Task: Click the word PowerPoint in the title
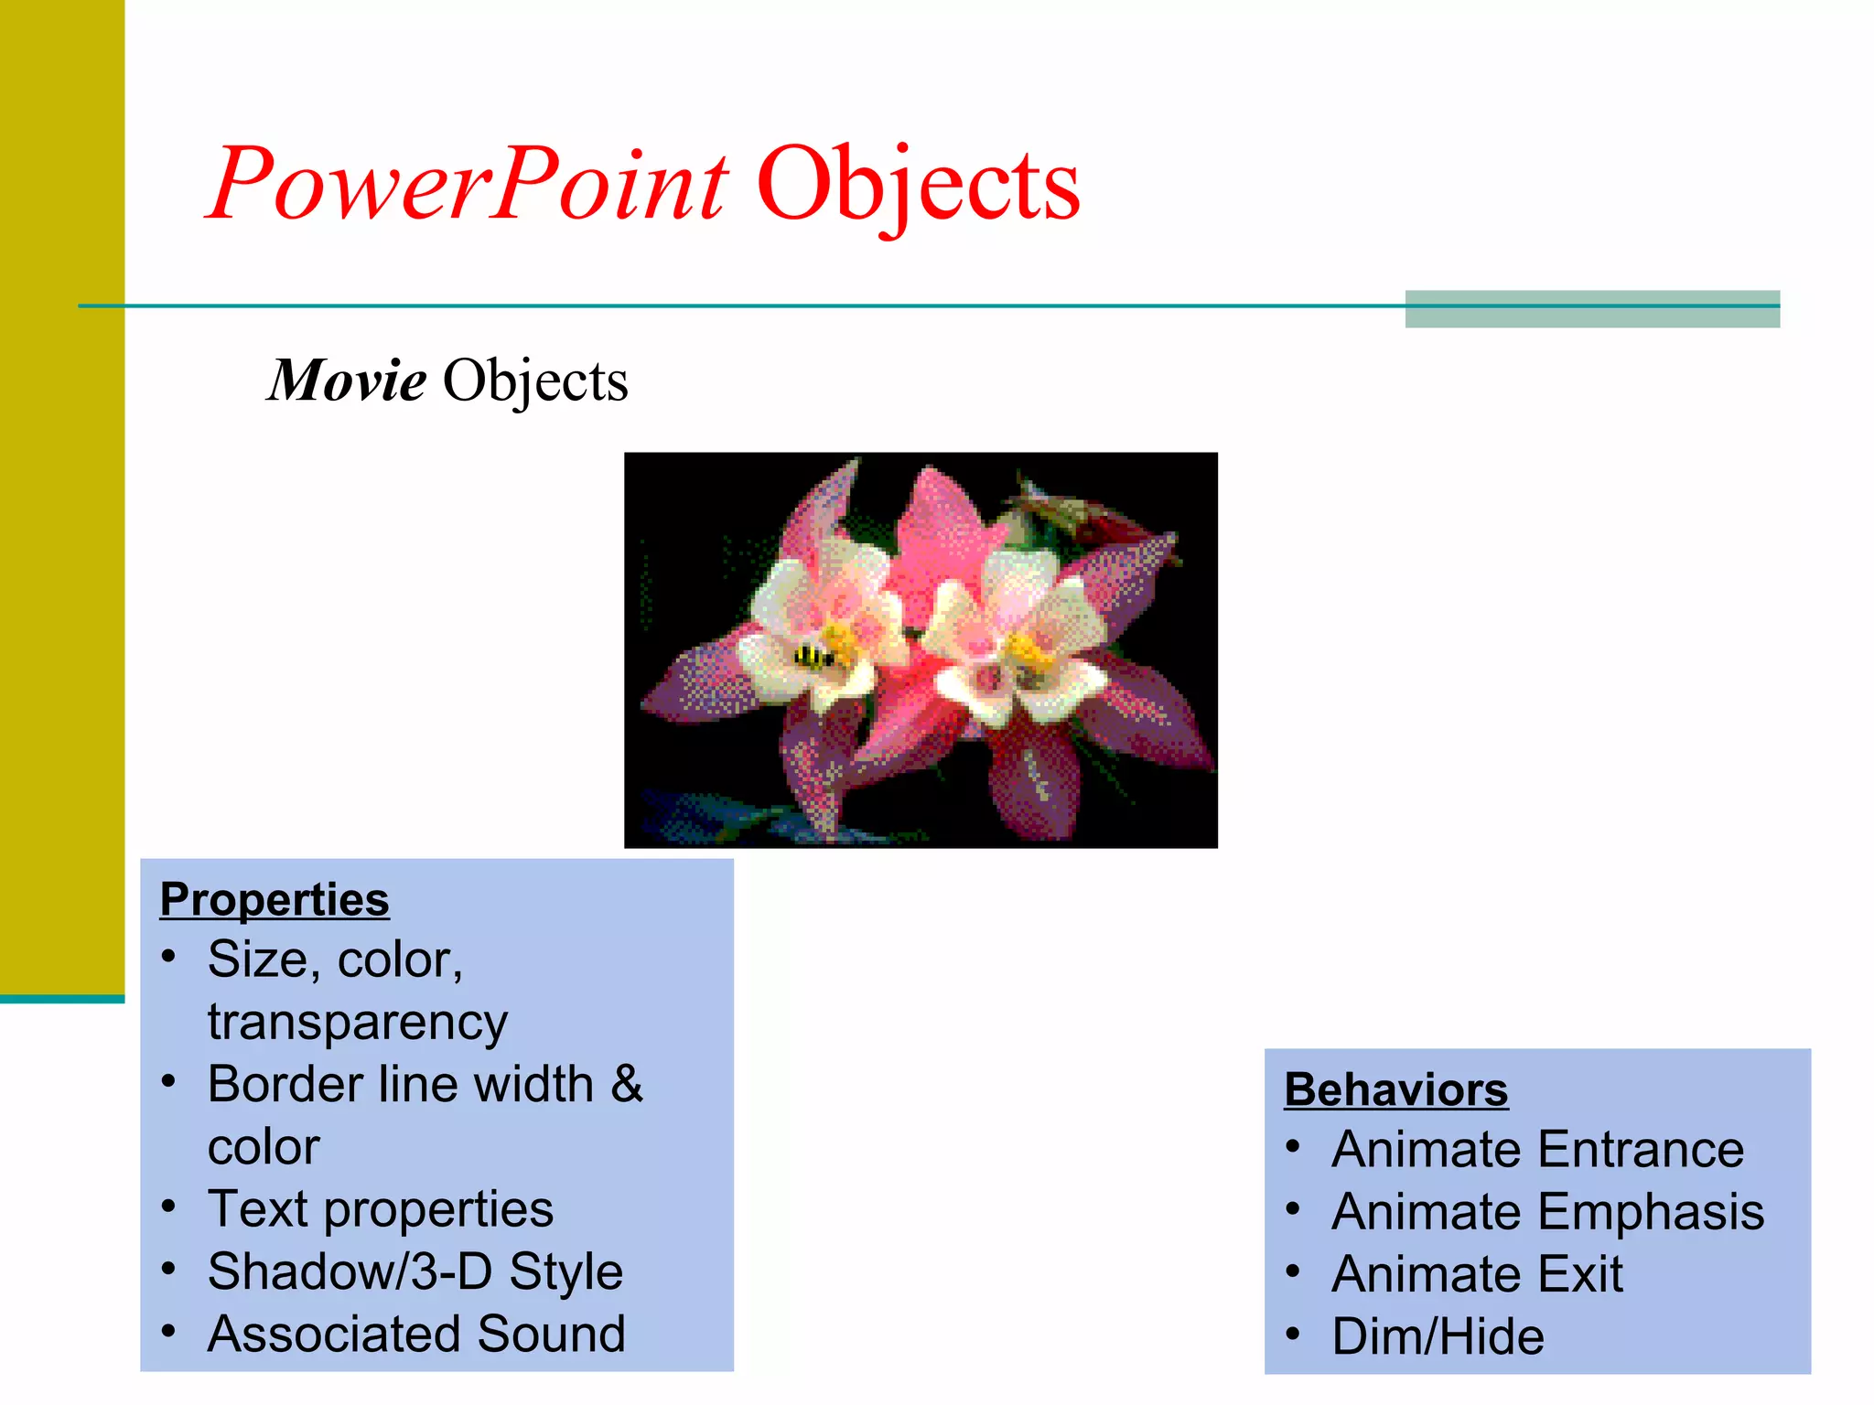(468, 186)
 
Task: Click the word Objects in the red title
(918, 186)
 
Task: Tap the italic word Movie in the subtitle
(347, 381)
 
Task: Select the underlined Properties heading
(275, 899)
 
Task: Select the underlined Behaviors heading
(1395, 1089)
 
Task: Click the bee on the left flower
(812, 655)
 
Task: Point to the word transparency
(357, 1022)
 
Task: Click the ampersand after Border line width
(627, 1084)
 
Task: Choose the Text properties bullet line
(381, 1209)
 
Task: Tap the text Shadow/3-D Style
(415, 1271)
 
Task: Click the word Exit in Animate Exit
(1580, 1274)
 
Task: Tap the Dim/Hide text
(1438, 1336)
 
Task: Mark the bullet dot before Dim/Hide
(1293, 1334)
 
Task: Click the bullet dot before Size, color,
(168, 957)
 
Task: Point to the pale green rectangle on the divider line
(1591, 309)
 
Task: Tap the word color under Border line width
(264, 1147)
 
